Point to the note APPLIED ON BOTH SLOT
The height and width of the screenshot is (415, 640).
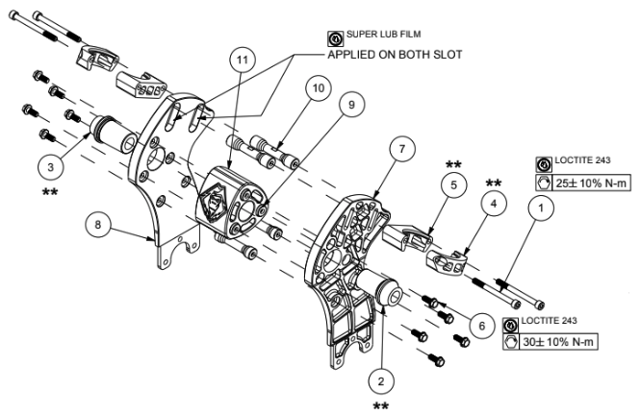click(395, 55)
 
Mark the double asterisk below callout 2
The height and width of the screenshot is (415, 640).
click(381, 406)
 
